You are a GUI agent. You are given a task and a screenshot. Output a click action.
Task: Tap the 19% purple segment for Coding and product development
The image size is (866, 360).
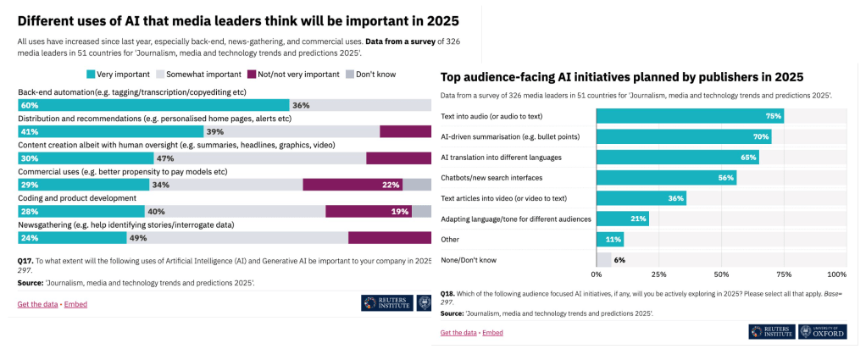[369, 211]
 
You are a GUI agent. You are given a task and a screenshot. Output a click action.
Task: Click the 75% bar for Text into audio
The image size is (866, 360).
[690, 116]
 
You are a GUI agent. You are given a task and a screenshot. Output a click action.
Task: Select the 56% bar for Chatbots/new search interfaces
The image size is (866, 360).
[666, 178]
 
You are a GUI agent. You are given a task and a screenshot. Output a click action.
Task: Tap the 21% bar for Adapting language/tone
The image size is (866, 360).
[623, 219]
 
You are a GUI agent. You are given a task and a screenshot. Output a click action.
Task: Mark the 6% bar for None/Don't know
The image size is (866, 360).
[603, 259]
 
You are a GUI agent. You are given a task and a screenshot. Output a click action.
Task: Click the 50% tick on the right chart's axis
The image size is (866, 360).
[721, 274]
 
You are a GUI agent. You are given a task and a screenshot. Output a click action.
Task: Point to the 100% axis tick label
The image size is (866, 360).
[835, 274]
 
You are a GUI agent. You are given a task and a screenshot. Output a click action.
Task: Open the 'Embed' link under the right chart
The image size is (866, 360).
[492, 333]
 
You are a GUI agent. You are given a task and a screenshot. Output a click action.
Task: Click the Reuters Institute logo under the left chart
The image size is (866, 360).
[386, 302]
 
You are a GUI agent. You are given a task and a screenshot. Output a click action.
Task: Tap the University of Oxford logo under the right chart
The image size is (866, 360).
[821, 331]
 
